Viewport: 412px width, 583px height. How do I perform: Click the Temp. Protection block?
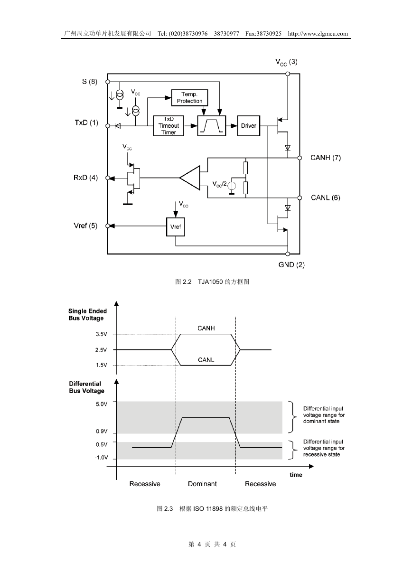(x=189, y=98)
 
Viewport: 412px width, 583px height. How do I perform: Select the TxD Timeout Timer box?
(x=169, y=126)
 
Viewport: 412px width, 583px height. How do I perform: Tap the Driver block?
(x=249, y=126)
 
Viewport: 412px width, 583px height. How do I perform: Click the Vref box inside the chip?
(x=176, y=226)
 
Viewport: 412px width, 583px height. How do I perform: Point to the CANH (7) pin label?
(x=325, y=158)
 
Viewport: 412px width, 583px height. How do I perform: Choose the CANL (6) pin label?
(x=325, y=198)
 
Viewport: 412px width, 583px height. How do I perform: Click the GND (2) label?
(x=291, y=265)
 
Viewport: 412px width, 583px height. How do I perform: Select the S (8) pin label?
(x=90, y=82)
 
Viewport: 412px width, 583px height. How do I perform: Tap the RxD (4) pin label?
(x=85, y=178)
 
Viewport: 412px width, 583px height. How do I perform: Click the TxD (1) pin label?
(x=86, y=122)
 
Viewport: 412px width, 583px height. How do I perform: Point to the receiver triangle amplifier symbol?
(x=190, y=178)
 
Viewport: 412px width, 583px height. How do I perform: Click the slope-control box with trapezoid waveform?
(x=211, y=126)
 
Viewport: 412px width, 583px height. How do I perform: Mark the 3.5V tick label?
(x=101, y=334)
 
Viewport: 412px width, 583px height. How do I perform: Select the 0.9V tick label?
(x=102, y=431)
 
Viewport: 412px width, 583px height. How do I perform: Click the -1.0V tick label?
(x=101, y=458)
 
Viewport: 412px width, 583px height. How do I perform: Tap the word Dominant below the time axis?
(x=202, y=484)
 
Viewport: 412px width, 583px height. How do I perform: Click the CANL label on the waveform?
(x=206, y=360)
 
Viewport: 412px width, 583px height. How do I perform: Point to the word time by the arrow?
(x=296, y=475)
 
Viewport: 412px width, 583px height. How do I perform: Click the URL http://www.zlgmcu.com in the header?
(x=318, y=34)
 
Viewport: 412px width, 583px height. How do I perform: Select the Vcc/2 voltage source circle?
(x=232, y=186)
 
